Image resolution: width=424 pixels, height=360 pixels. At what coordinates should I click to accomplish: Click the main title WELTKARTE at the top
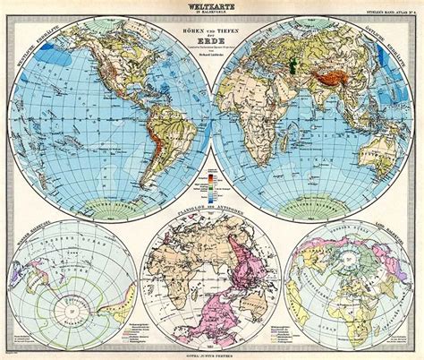pos(212,6)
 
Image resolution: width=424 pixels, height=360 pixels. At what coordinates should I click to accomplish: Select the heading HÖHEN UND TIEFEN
pos(212,34)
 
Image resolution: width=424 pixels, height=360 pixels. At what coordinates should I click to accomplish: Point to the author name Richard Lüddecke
pos(212,67)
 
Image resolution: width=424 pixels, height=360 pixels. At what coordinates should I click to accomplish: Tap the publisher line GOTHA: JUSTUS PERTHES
pos(212,352)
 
